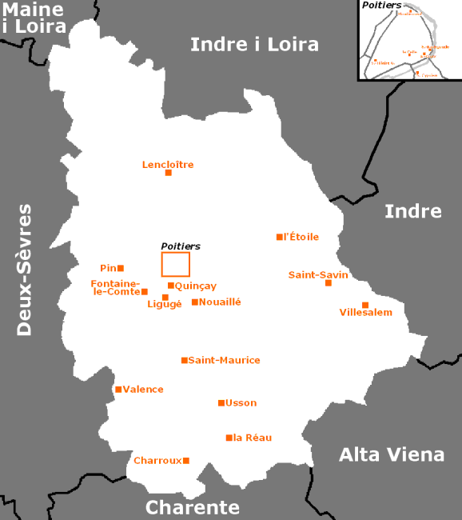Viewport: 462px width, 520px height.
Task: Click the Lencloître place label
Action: tap(168, 165)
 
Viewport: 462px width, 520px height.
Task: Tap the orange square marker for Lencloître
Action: tap(168, 173)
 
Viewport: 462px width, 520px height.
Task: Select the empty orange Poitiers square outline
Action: tap(176, 264)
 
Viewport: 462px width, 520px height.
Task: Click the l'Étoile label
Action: tap(301, 237)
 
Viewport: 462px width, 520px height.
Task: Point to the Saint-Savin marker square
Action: tap(328, 283)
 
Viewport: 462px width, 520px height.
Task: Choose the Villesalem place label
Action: tap(366, 312)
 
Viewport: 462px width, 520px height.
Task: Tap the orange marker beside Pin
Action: tap(121, 268)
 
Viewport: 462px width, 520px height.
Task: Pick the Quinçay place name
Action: tap(196, 286)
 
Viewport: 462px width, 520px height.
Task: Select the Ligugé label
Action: tap(165, 304)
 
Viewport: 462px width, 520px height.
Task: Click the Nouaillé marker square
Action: tap(194, 302)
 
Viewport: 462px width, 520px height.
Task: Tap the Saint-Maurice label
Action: tap(224, 360)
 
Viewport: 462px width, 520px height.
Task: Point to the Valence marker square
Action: tap(118, 390)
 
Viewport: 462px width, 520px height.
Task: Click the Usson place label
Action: tap(241, 402)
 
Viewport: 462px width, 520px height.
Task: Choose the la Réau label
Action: tap(253, 438)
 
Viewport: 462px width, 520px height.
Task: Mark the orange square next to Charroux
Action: tap(186, 460)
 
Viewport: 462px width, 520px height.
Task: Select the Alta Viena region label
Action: tap(392, 454)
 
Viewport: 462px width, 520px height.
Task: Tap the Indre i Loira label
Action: tap(254, 44)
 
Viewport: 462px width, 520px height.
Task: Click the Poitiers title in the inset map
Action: tap(381, 6)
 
